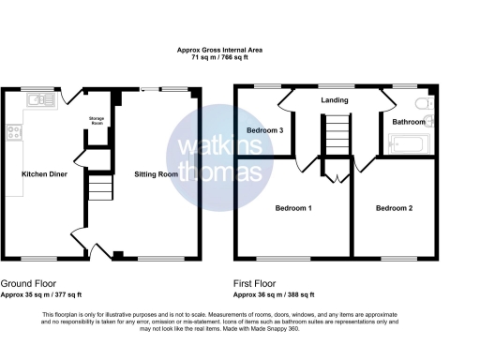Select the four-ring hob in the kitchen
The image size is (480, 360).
tap(14, 132)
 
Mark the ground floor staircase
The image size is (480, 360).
tap(97, 192)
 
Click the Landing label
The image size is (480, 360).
tap(334, 100)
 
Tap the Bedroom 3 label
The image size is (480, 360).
tap(265, 129)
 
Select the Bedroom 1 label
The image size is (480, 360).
tap(292, 207)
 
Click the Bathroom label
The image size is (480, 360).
tap(409, 122)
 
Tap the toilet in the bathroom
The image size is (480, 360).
tap(421, 103)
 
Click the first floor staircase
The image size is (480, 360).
tap(335, 136)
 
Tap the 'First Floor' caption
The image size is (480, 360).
tap(256, 282)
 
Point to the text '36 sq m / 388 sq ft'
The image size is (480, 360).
tap(285, 293)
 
